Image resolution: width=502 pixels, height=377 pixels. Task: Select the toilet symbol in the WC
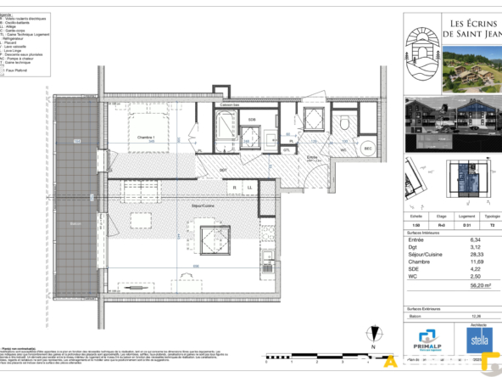tap(345, 126)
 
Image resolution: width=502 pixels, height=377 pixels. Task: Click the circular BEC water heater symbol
tap(368, 149)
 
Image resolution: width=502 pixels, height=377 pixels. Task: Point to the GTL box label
tap(287, 150)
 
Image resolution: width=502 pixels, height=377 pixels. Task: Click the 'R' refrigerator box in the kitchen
tap(237, 187)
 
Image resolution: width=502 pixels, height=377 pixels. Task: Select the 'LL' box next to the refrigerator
tap(250, 187)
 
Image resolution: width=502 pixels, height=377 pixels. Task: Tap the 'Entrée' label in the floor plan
tap(312, 157)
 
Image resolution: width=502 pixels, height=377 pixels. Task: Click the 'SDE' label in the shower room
tap(252, 120)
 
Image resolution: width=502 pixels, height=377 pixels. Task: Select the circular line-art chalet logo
tap(422, 53)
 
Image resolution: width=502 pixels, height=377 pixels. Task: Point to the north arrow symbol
tap(372, 334)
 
